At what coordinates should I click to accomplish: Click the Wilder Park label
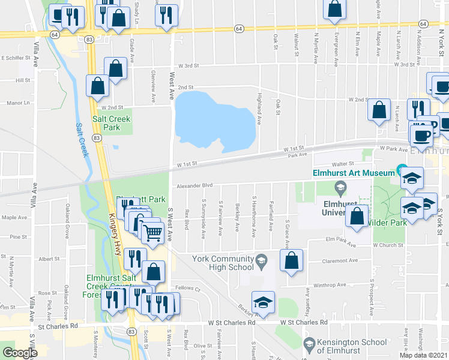click(388, 223)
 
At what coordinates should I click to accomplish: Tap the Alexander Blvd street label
click(195, 186)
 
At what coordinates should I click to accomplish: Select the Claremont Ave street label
click(340, 260)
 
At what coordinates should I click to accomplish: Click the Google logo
click(20, 353)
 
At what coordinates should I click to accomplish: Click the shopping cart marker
click(153, 230)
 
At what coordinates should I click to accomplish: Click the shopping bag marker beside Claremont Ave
click(291, 261)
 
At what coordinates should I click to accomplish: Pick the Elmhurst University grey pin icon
click(341, 190)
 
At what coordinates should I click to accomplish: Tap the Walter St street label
click(342, 163)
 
